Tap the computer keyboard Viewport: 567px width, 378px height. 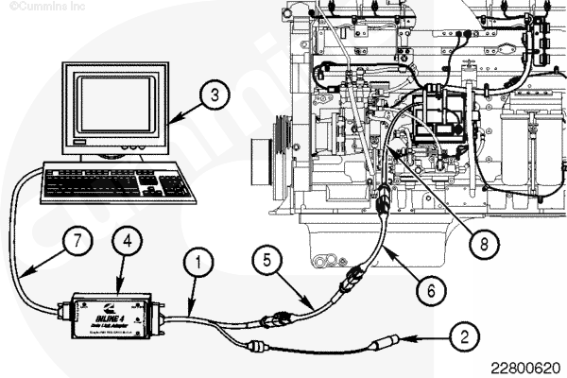click(x=118, y=181)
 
